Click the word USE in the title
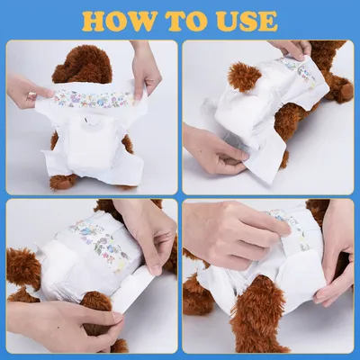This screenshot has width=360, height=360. (x=246, y=21)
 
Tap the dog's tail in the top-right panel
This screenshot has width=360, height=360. (x=243, y=76)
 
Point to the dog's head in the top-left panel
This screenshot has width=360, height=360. (x=82, y=65)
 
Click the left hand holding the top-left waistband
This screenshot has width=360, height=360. (x=28, y=89)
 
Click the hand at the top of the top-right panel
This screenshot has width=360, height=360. (x=289, y=49)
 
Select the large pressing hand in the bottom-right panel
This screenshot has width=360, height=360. (x=234, y=231)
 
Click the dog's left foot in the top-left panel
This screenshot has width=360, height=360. (x=62, y=181)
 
